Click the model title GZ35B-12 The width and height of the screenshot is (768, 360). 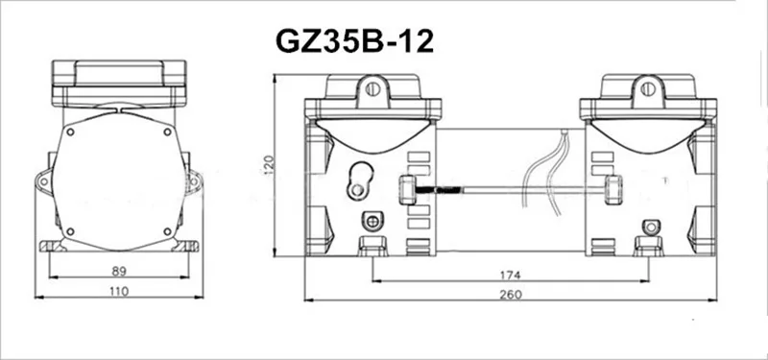(354, 41)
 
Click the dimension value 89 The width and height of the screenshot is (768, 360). (119, 271)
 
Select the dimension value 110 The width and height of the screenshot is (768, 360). (119, 292)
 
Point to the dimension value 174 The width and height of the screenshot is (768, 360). (511, 276)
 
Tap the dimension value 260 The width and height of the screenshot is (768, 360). (511, 295)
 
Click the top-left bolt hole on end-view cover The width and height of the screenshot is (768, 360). (70, 132)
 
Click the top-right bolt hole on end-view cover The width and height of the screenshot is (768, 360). (167, 132)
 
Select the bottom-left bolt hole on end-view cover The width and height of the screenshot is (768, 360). (70, 231)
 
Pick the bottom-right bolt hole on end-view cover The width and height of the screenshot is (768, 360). (167, 231)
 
